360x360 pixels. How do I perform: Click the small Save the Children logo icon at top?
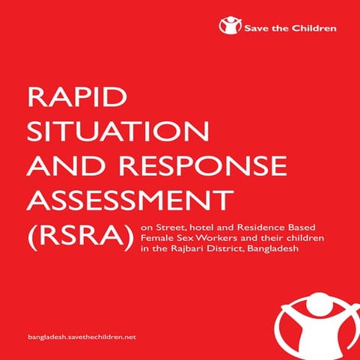point(229,27)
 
